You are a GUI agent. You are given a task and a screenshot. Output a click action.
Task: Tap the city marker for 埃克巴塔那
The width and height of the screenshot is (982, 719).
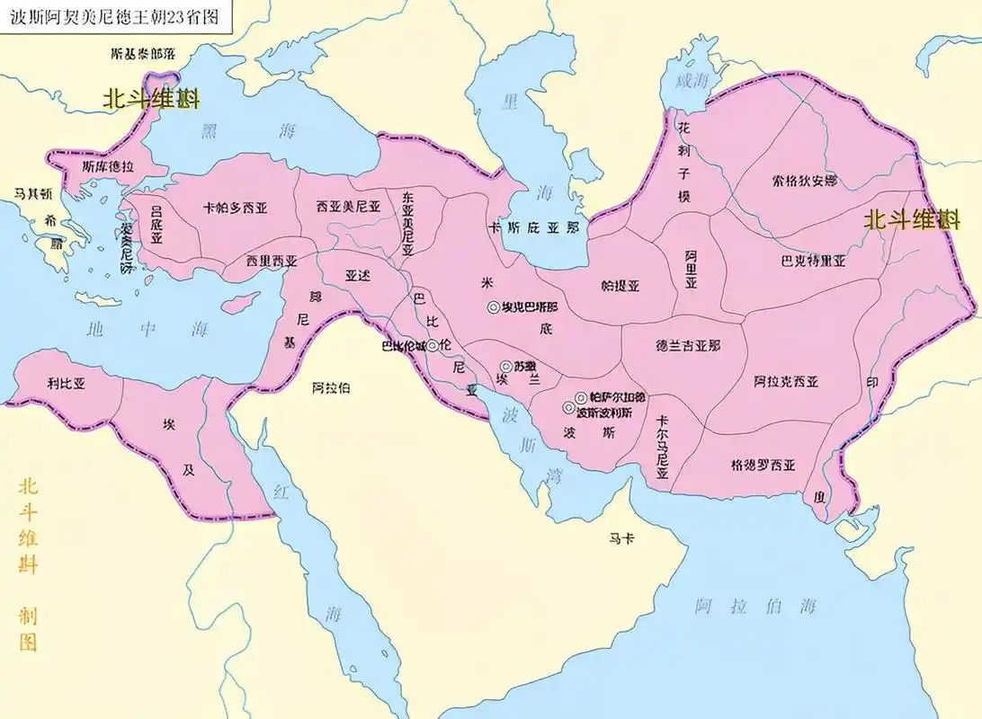(x=493, y=306)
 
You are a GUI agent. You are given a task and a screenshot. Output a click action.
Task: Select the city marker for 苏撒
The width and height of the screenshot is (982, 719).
(x=505, y=367)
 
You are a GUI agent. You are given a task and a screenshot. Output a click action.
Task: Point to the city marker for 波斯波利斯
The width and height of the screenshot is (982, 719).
(x=568, y=409)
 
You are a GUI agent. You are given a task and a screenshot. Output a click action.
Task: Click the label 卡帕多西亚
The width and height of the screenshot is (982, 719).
(x=237, y=207)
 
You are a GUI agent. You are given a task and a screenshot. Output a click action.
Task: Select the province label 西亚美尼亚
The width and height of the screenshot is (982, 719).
(x=348, y=206)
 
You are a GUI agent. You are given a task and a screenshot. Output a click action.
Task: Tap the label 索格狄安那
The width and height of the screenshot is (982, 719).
(x=805, y=181)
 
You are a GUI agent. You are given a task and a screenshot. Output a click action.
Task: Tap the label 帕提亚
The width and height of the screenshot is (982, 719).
(x=620, y=286)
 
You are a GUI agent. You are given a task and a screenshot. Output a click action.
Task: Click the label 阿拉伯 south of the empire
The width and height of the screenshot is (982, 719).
(x=330, y=387)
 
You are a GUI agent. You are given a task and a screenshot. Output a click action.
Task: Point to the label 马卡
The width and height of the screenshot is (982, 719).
(x=621, y=538)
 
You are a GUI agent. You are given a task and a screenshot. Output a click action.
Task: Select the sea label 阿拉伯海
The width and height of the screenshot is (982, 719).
(x=755, y=608)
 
